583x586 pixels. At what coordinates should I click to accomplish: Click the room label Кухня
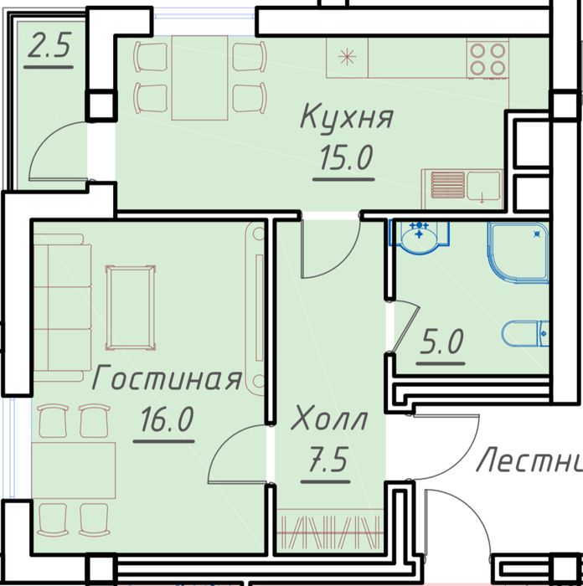[346, 116]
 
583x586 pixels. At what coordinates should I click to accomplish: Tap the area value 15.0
[344, 157]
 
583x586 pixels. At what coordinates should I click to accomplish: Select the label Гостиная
[167, 379]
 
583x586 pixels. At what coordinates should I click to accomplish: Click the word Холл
[329, 419]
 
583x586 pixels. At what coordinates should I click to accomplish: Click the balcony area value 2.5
[48, 49]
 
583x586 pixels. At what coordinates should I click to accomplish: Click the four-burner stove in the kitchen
[488, 59]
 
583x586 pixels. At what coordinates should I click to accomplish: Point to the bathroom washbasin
[420, 236]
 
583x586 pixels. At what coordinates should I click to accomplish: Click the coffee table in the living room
[130, 306]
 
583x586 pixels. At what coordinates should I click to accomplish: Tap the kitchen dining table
[201, 77]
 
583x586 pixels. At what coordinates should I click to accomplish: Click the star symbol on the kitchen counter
[346, 57]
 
